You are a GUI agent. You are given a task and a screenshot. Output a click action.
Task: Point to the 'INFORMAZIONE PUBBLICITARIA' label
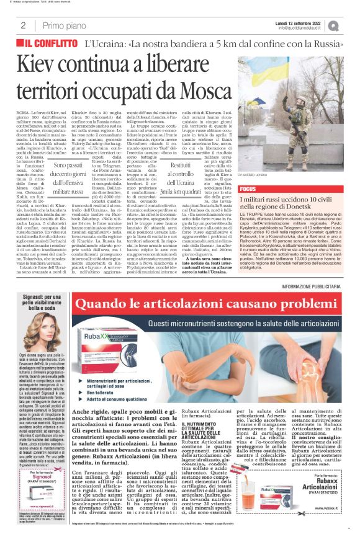pyautogui.click(x=316, y=285)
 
